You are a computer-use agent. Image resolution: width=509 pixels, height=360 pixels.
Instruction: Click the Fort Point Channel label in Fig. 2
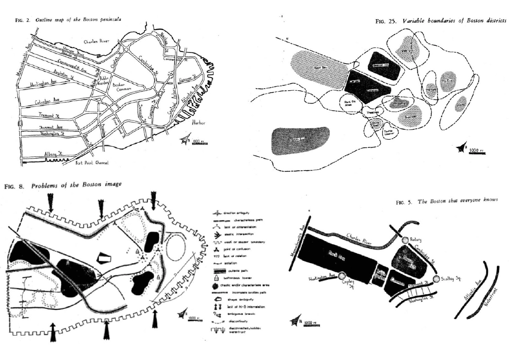[91, 163]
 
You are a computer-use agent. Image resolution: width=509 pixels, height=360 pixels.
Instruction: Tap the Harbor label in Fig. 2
[199, 123]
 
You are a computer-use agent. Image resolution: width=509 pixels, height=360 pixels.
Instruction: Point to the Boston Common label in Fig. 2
[121, 87]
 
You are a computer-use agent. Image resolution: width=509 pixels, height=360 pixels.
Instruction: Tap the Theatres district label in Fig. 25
[372, 112]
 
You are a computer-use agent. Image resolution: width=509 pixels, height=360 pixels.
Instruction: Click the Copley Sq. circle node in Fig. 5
[342, 275]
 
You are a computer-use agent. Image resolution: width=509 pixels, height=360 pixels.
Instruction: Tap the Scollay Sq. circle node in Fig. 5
[436, 279]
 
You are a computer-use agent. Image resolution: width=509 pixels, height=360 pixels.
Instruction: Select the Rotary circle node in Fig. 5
[405, 240]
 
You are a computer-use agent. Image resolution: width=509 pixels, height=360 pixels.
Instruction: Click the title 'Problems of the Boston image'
[76, 185]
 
